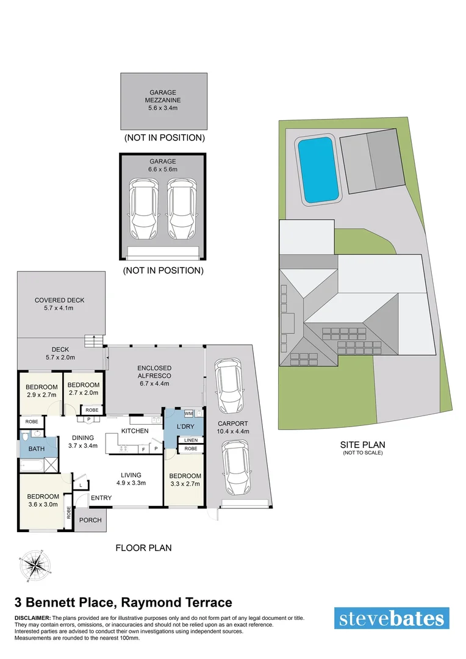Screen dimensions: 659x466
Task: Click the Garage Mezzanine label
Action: click(163, 100)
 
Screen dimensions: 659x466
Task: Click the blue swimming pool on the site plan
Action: click(317, 170)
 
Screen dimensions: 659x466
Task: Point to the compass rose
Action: click(34, 565)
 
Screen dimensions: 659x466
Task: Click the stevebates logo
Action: click(392, 618)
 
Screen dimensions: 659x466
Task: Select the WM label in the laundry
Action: click(188, 413)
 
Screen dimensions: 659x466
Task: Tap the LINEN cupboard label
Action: click(190, 440)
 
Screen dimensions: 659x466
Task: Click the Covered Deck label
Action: click(59, 300)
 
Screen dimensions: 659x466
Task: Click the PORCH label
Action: click(91, 520)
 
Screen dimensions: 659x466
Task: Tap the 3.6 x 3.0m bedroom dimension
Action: click(42, 505)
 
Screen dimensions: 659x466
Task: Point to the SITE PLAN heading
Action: click(362, 445)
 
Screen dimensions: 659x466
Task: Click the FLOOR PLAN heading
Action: click(143, 548)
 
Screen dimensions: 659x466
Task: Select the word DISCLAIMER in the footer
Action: click(33, 618)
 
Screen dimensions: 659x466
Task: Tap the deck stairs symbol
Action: click(93, 341)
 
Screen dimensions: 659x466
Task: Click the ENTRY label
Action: click(101, 498)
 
